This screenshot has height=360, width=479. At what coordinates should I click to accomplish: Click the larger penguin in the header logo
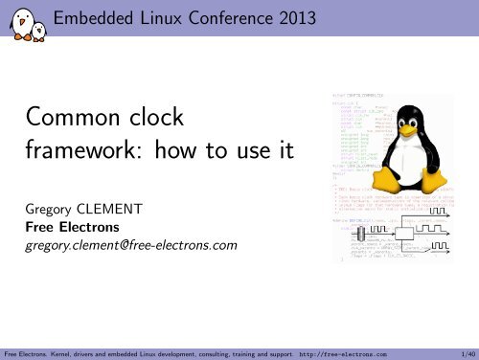coord(16,16)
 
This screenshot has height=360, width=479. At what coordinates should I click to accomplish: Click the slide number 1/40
coord(465,352)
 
